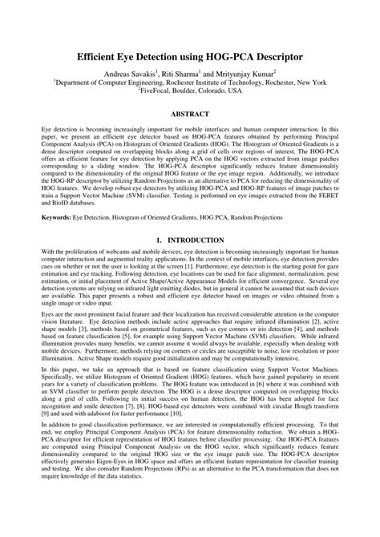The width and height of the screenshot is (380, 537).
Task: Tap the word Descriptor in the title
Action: coord(271,59)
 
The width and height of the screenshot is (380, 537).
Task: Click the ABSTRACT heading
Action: coord(190,114)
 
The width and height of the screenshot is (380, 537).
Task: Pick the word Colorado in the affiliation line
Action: coord(223,91)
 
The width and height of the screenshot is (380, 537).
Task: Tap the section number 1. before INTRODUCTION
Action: coord(161,240)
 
